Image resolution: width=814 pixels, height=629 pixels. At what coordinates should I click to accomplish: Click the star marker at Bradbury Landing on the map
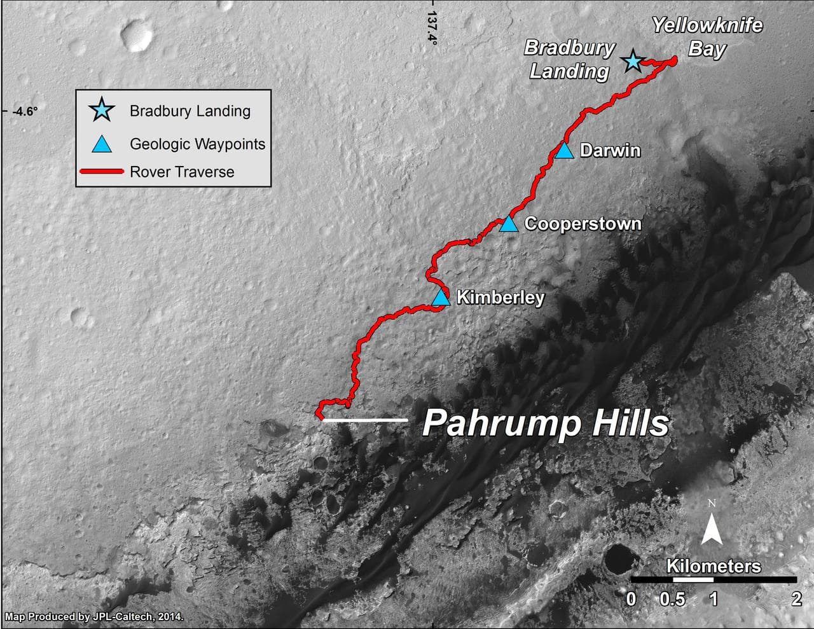click(x=632, y=62)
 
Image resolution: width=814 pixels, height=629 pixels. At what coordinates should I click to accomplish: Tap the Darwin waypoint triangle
click(x=564, y=151)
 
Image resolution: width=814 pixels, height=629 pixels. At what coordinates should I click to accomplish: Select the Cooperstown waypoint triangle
click(x=508, y=224)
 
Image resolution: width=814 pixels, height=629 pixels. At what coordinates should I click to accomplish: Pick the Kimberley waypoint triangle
click(x=441, y=298)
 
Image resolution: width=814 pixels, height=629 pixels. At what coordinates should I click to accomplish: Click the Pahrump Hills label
click(x=546, y=423)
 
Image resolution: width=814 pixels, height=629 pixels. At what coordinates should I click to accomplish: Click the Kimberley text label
click(x=500, y=298)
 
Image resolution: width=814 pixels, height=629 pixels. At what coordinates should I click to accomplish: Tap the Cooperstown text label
click(x=583, y=224)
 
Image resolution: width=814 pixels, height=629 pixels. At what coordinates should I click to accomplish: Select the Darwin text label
click(x=610, y=151)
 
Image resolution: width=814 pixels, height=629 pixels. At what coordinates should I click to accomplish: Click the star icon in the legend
click(x=102, y=111)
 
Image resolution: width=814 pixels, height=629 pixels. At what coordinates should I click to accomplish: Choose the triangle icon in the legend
click(x=102, y=144)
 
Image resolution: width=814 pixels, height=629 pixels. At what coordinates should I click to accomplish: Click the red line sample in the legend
click(x=101, y=171)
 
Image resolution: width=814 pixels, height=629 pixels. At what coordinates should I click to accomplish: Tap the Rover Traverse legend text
click(x=182, y=172)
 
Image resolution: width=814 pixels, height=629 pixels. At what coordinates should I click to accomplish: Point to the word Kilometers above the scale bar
click(x=713, y=565)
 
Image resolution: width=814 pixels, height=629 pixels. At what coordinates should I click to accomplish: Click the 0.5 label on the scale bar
click(x=673, y=598)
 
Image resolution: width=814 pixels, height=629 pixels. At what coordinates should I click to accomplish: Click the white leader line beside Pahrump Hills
click(x=364, y=420)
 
